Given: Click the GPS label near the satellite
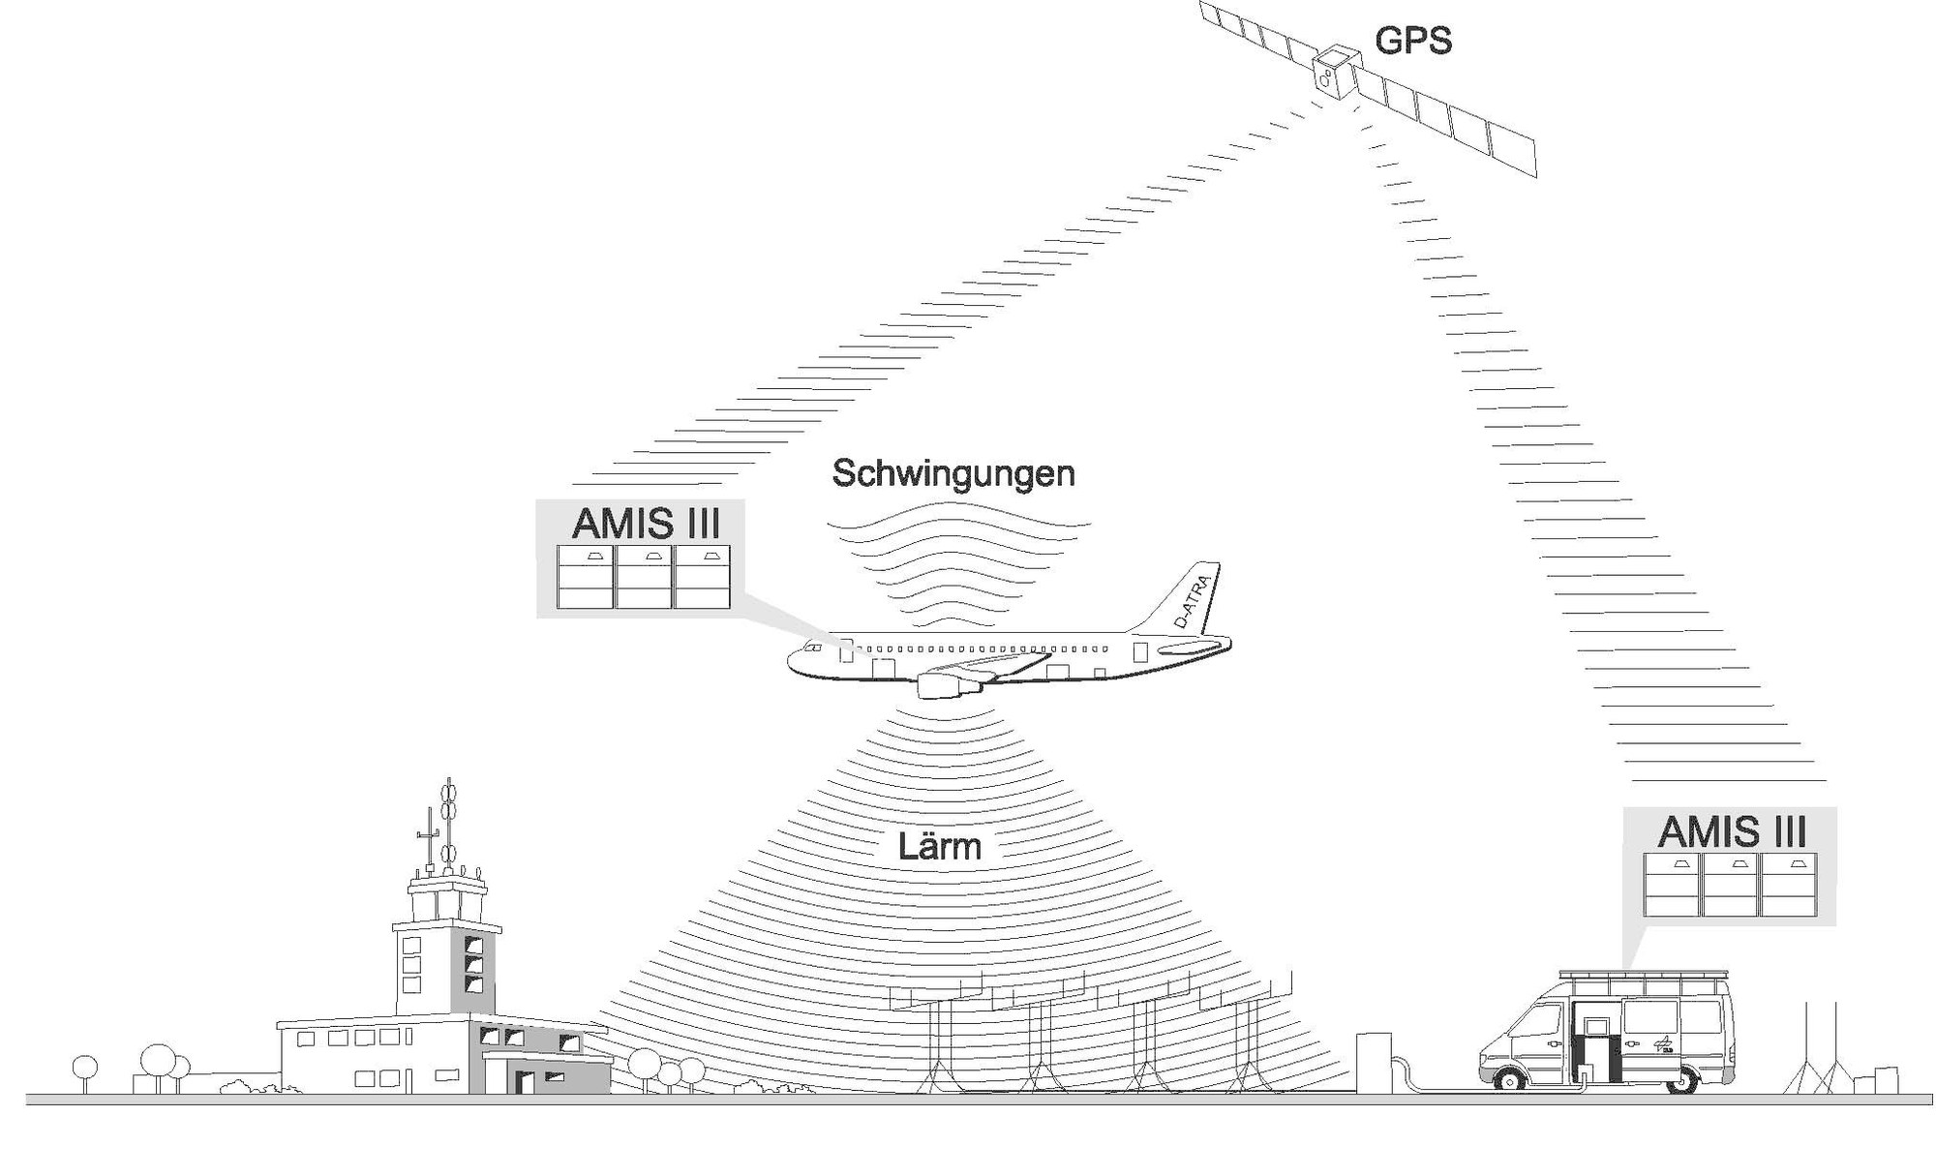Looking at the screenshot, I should click(x=1412, y=41).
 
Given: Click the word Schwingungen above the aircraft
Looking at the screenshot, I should click(x=953, y=473).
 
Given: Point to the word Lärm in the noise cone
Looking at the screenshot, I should click(x=938, y=847).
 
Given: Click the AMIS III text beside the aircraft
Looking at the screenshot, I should click(x=646, y=524).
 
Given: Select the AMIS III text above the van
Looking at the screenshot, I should click(x=1732, y=831).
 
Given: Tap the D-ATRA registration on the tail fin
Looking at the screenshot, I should click(x=1192, y=600).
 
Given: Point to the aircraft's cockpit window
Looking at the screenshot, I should click(x=812, y=648).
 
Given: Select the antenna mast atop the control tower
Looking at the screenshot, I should click(x=447, y=823).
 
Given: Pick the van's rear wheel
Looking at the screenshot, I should click(x=1682, y=1077).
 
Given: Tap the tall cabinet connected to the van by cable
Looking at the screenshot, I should click(x=1373, y=1062).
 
